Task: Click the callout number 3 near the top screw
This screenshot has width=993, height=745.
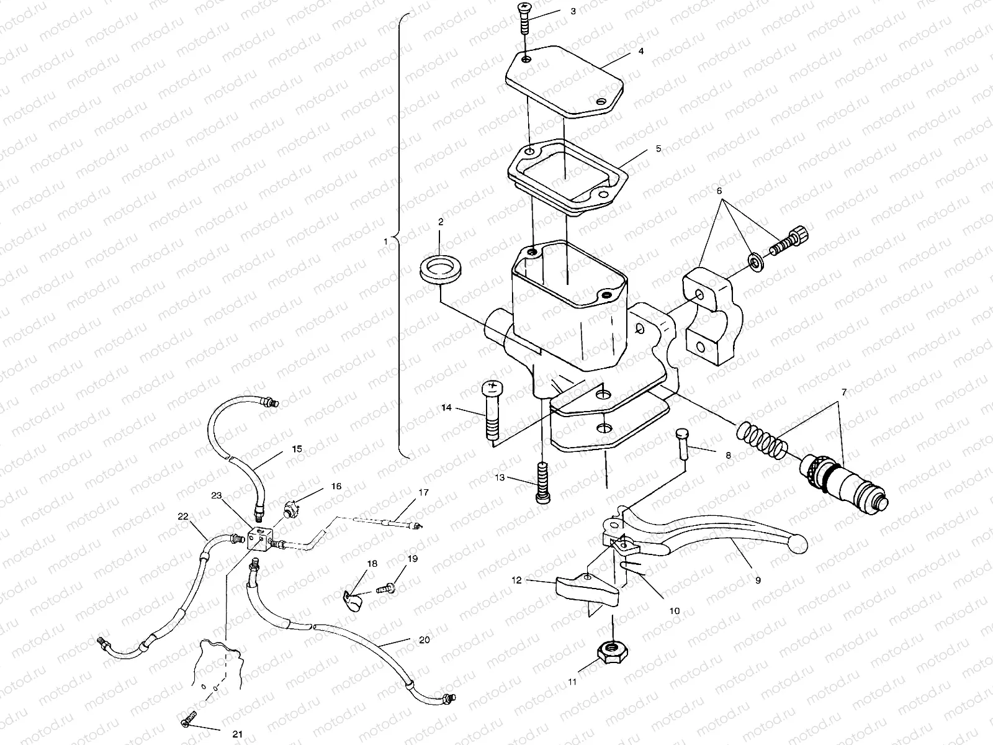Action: coord(573,11)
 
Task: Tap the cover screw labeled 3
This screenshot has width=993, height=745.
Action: coord(525,18)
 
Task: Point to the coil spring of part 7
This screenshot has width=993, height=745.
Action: coord(762,438)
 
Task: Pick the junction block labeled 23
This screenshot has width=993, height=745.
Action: coord(259,538)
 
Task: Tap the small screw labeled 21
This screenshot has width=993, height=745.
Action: coord(189,718)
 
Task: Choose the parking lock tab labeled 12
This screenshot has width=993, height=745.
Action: coord(586,591)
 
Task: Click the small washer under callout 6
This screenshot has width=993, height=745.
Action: coord(755,263)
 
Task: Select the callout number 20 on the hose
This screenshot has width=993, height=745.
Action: coord(425,639)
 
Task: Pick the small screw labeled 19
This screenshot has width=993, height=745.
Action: coord(385,589)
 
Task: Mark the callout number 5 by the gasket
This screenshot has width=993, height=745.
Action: coord(658,148)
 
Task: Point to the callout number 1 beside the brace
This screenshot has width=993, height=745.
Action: coord(385,242)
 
